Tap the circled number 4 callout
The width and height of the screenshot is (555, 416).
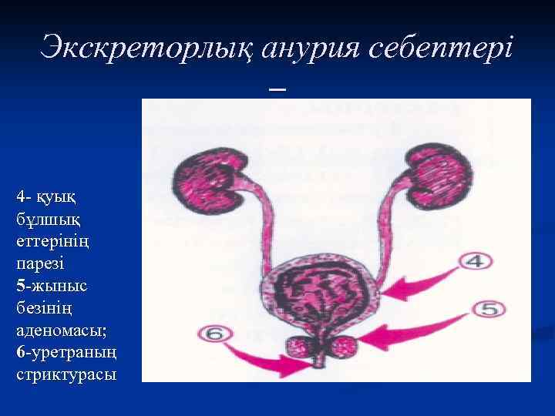coord(475,262)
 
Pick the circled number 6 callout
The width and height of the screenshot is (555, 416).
coord(214,334)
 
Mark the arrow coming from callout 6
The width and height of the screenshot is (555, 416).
coord(270,356)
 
